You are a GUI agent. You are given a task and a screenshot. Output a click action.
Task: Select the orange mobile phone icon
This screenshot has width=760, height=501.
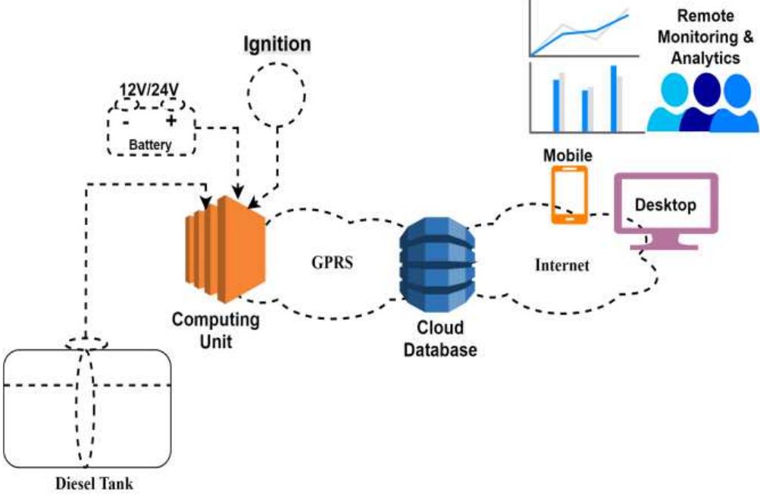[x=568, y=195]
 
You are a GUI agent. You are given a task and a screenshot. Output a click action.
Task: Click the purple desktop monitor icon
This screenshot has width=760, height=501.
[x=665, y=209]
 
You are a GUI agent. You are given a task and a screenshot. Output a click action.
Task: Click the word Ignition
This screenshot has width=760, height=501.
[x=277, y=44]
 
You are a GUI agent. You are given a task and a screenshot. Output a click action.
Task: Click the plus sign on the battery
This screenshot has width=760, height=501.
[x=170, y=120]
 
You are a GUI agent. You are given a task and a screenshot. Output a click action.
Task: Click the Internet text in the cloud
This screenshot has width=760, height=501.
[x=561, y=265]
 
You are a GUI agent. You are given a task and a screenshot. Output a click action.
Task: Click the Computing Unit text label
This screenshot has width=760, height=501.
[x=215, y=330]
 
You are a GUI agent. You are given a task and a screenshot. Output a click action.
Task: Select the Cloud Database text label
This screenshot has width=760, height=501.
[x=439, y=339]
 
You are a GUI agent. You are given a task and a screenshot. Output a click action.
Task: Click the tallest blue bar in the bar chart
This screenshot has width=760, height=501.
[x=613, y=98]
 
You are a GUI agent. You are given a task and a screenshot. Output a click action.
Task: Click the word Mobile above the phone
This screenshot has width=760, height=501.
[x=568, y=155]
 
